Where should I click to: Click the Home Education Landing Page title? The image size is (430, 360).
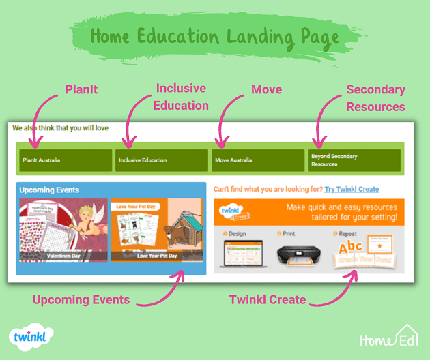(x=214, y=35)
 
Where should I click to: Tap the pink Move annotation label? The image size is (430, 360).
(x=266, y=90)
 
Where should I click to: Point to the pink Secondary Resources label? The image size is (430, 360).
(x=375, y=98)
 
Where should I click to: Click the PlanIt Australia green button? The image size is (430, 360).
(x=66, y=160)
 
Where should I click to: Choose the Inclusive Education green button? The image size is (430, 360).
(x=161, y=160)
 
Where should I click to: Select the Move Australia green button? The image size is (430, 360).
(x=258, y=160)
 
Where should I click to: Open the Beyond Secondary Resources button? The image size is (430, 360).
(x=354, y=160)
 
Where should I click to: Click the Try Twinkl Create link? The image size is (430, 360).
(x=352, y=189)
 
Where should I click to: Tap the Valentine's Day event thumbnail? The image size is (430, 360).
(x=63, y=230)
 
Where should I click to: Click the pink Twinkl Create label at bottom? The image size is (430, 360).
(x=267, y=299)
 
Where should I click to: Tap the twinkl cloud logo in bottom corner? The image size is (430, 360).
(x=32, y=337)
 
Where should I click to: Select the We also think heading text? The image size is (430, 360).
(x=60, y=127)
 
